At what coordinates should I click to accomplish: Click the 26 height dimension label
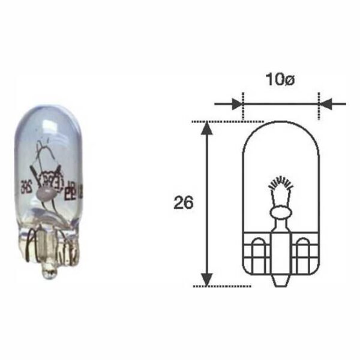click(183, 203)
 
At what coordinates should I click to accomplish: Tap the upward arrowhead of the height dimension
click(206, 128)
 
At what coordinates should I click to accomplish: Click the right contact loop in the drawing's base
click(304, 248)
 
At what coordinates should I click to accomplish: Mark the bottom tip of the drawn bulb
click(280, 283)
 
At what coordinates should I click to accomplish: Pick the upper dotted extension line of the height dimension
click(228, 121)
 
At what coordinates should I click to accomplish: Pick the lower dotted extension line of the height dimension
click(228, 286)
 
